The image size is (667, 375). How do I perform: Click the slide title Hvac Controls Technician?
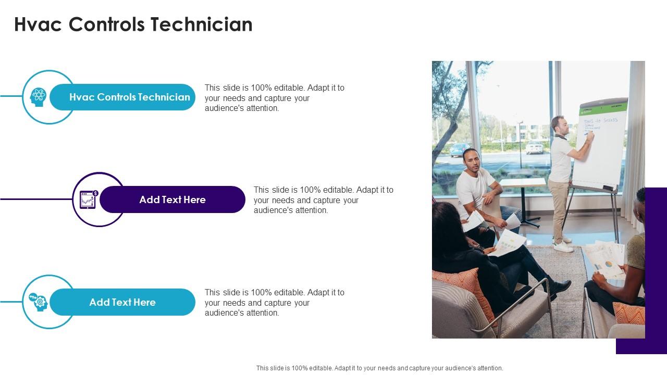tap(133, 24)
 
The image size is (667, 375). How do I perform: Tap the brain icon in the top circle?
tap(38, 97)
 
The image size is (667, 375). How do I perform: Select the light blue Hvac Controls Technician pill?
tap(129, 97)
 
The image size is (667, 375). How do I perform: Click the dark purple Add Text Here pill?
tap(172, 199)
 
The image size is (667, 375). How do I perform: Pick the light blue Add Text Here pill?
tap(122, 302)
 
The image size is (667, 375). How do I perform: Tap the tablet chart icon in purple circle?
tap(88, 199)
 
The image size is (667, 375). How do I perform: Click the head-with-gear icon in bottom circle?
tap(39, 302)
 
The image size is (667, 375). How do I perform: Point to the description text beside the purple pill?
tap(323, 200)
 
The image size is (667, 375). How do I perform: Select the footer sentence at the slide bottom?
tap(379, 368)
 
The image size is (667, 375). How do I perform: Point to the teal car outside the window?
tap(460, 150)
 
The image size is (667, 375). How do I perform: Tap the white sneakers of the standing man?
tap(563, 245)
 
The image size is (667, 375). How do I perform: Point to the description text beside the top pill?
tap(275, 98)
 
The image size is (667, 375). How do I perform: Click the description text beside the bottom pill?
tap(275, 303)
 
